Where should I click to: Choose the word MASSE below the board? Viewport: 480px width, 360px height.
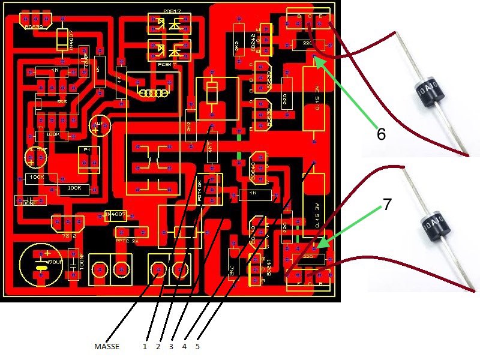coord(107,346)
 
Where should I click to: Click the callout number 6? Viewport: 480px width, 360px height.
coord(380,134)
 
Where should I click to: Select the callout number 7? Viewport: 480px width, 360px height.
coord(388,205)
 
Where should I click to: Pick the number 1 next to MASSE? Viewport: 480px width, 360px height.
coord(145,346)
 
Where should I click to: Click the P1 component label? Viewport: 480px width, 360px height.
coord(87,149)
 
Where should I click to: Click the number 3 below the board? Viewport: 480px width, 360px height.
coord(172,346)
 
